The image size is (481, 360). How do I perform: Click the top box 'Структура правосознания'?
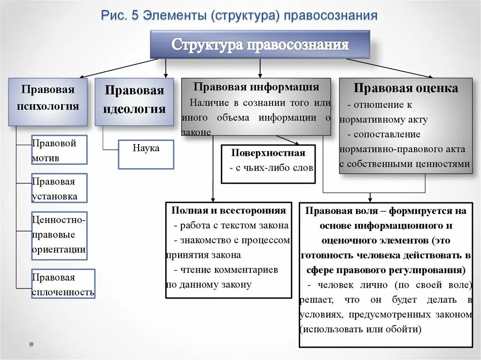(x=260, y=45)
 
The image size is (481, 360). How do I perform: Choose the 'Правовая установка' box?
(x=59, y=189)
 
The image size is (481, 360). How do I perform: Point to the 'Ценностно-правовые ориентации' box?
(x=59, y=234)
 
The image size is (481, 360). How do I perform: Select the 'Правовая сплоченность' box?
(x=63, y=284)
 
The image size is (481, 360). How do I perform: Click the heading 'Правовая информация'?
(x=256, y=87)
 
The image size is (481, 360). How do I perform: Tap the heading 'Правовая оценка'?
(x=406, y=88)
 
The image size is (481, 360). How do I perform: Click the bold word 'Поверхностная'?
(x=268, y=153)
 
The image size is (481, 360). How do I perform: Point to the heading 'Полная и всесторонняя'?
(x=228, y=211)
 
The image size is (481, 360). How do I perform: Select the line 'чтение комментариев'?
(x=229, y=270)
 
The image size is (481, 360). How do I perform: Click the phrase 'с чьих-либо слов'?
(x=271, y=168)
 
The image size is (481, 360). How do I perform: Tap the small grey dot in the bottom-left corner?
(x=31, y=344)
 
